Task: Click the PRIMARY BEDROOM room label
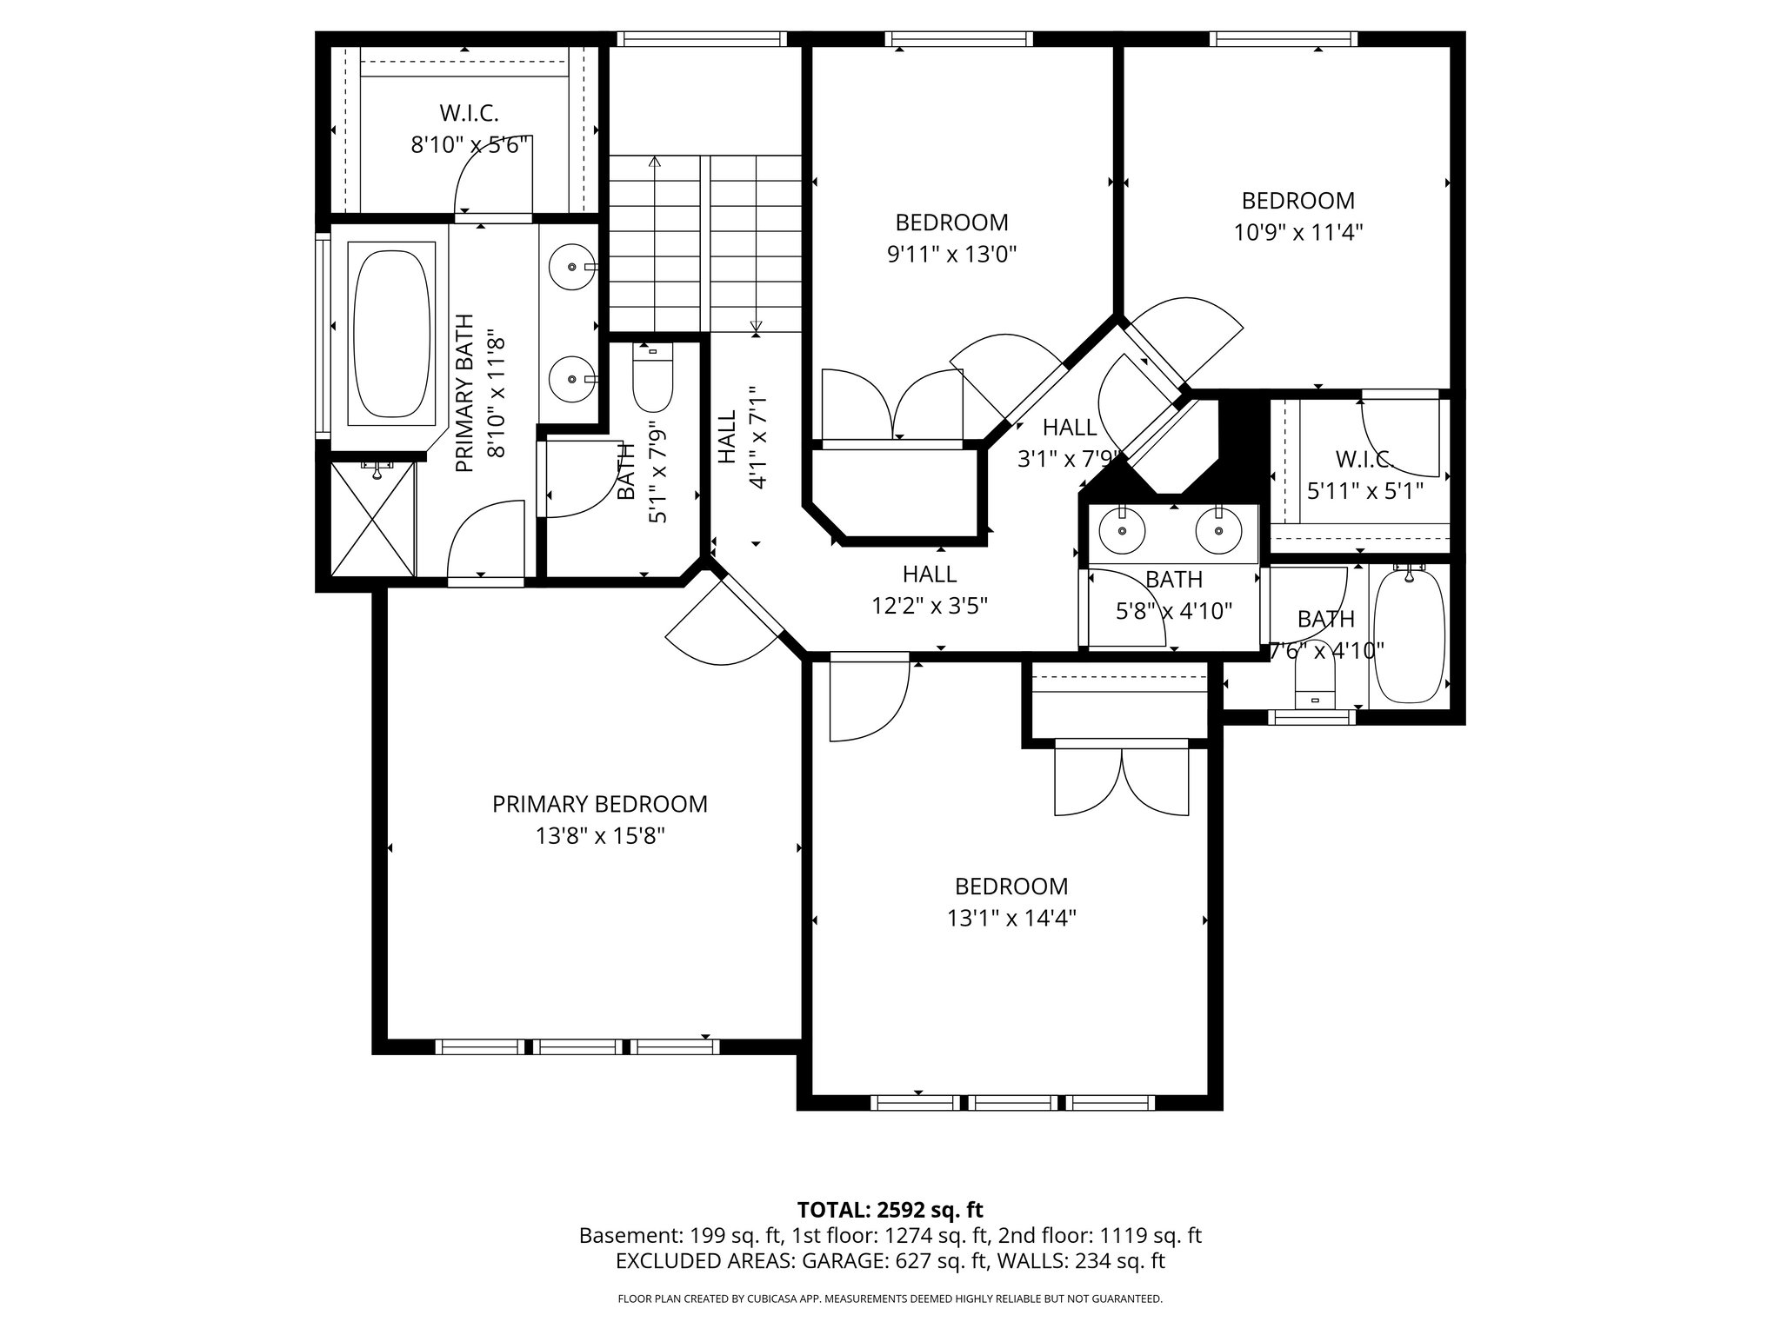(x=599, y=804)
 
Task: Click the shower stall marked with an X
(x=374, y=520)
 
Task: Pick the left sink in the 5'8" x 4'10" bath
(x=1122, y=530)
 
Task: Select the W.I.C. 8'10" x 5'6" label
(x=470, y=129)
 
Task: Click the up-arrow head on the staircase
(x=654, y=162)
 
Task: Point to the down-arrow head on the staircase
(x=756, y=328)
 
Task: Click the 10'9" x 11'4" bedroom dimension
(x=1297, y=232)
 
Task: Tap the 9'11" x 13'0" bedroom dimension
(x=951, y=254)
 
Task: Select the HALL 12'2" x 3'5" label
(x=930, y=589)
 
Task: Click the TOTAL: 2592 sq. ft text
(x=890, y=1209)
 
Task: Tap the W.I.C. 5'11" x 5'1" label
(x=1364, y=475)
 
